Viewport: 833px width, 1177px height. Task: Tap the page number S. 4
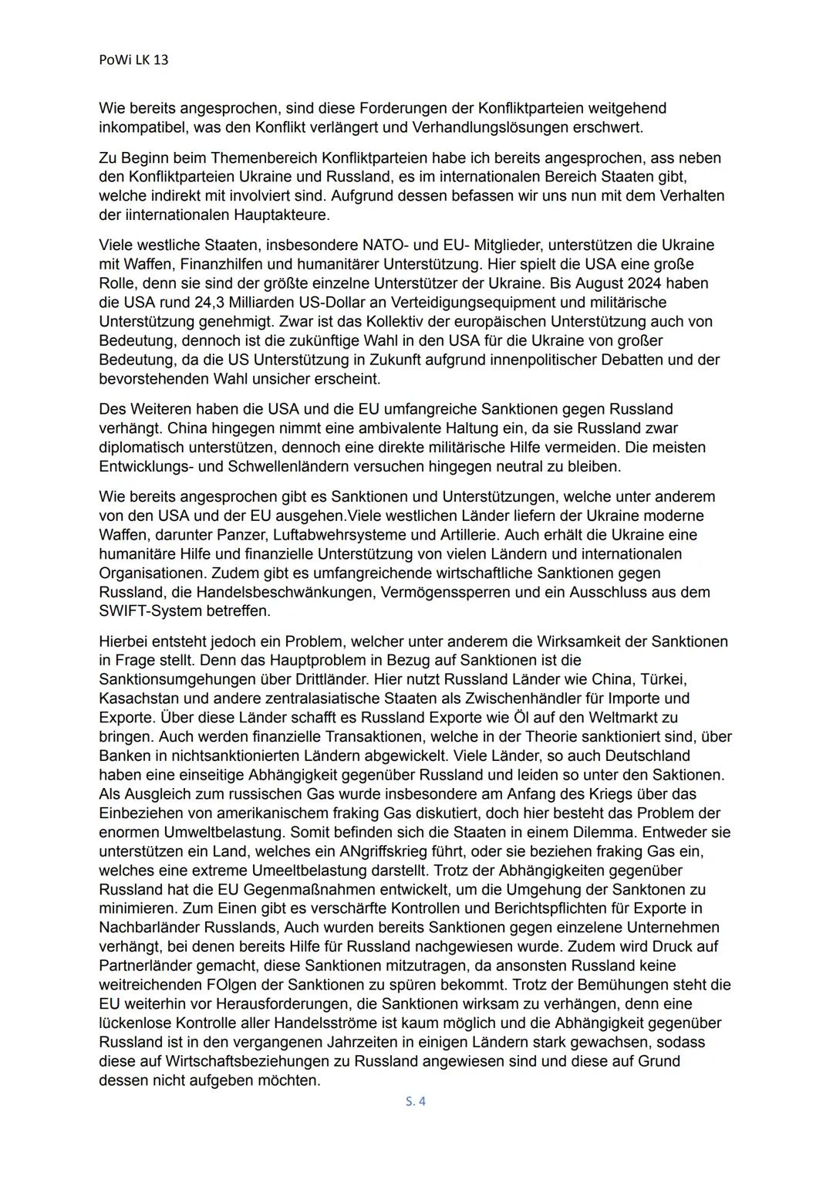tap(416, 1101)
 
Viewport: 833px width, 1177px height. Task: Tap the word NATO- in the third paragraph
tap(385, 245)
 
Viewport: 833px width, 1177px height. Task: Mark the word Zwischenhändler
tap(486, 698)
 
